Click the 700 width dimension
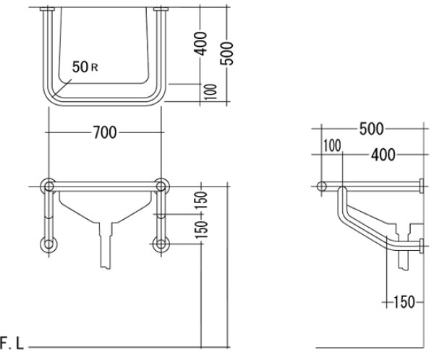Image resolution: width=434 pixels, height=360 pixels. point(106,132)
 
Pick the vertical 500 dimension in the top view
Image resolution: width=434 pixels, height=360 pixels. point(228,48)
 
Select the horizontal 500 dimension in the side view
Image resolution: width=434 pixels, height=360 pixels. point(370,129)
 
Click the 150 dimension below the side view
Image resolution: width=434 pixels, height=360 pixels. point(404,301)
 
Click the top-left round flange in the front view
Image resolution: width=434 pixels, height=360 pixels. point(49,187)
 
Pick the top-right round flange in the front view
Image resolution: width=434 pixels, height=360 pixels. point(161,187)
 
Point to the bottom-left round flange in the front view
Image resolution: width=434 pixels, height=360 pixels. point(49,244)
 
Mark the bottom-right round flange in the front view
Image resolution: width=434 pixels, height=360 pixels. point(161,244)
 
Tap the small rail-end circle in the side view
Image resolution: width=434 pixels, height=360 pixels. point(322,187)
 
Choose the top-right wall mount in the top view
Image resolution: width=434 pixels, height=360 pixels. point(161,10)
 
